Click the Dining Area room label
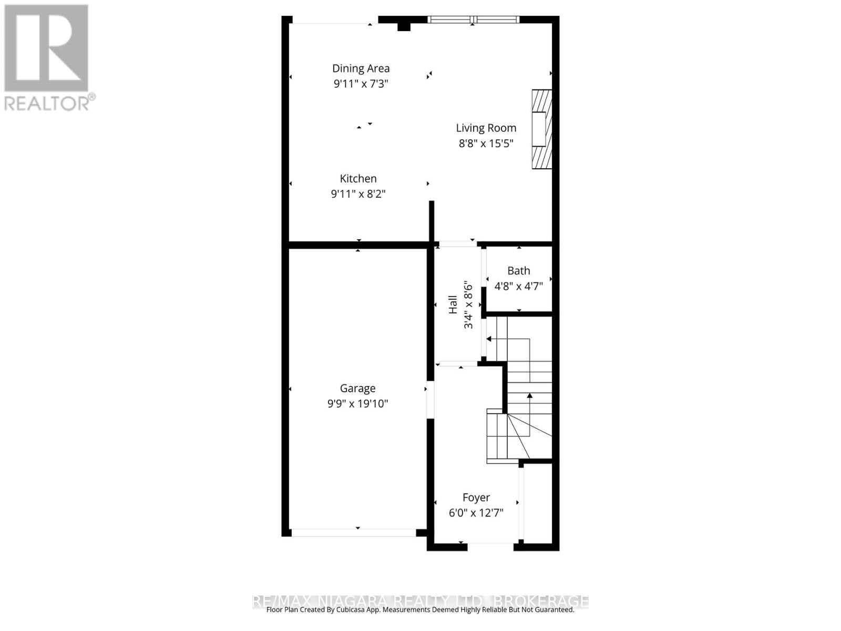[x=361, y=68]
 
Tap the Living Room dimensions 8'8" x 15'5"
[x=486, y=143]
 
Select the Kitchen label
[x=358, y=179]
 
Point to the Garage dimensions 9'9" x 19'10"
[x=357, y=403]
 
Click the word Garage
[x=357, y=389]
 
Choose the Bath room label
[x=518, y=271]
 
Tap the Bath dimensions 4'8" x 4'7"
[x=518, y=286]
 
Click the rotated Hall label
[x=453, y=305]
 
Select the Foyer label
[x=476, y=497]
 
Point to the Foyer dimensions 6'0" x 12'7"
[x=476, y=513]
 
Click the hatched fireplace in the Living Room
[x=542, y=129]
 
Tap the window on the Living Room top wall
[x=474, y=20]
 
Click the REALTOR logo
[x=46, y=48]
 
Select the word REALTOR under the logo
[x=47, y=103]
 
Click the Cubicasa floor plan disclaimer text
[x=420, y=610]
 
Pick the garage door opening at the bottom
[x=354, y=533]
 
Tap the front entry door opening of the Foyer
[x=490, y=547]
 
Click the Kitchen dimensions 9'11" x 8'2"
[x=358, y=194]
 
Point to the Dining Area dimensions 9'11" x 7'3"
[x=361, y=84]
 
